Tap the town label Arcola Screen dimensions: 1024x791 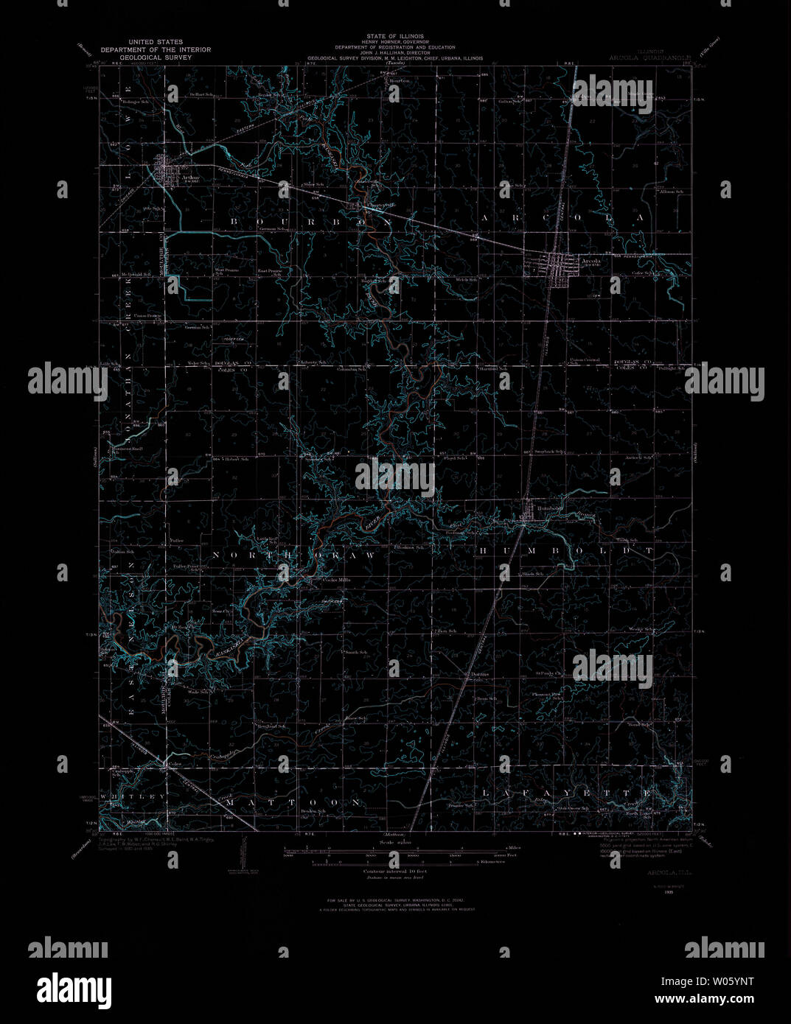(590, 261)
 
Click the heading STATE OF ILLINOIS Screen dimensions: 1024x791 (394, 35)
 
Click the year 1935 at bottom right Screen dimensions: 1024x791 (669, 891)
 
